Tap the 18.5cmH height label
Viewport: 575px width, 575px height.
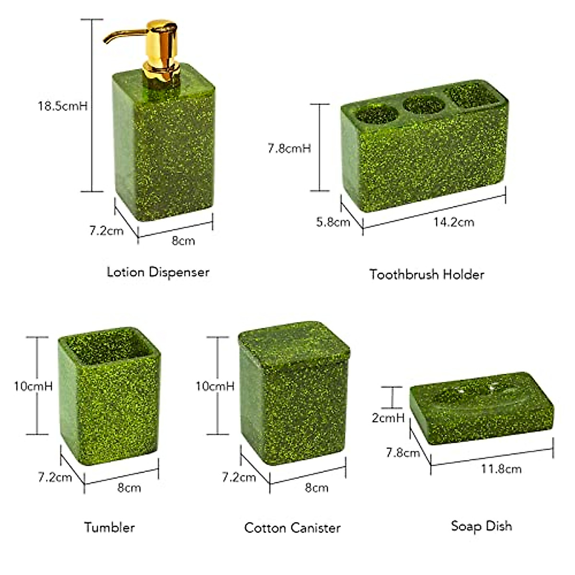click(x=63, y=106)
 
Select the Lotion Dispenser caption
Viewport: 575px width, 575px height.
click(x=158, y=272)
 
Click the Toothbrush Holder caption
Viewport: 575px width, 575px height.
click(x=426, y=275)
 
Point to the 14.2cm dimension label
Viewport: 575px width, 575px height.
click(x=453, y=222)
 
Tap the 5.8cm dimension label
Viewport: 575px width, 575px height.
click(x=333, y=222)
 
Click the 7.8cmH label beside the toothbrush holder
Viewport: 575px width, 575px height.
click(x=289, y=149)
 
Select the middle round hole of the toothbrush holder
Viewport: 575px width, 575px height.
click(x=424, y=105)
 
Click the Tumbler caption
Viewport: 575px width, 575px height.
click(x=109, y=528)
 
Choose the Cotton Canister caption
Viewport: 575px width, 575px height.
click(x=292, y=528)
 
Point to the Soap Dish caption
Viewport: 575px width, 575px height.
click(x=481, y=526)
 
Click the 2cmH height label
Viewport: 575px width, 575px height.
click(x=388, y=418)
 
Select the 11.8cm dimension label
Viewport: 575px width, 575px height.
click(x=501, y=469)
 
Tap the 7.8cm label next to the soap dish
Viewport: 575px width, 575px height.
click(x=403, y=452)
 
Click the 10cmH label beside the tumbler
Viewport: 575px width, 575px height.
click(x=33, y=386)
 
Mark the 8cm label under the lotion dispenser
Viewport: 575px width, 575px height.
click(x=184, y=241)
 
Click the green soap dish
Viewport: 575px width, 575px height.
click(x=482, y=407)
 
